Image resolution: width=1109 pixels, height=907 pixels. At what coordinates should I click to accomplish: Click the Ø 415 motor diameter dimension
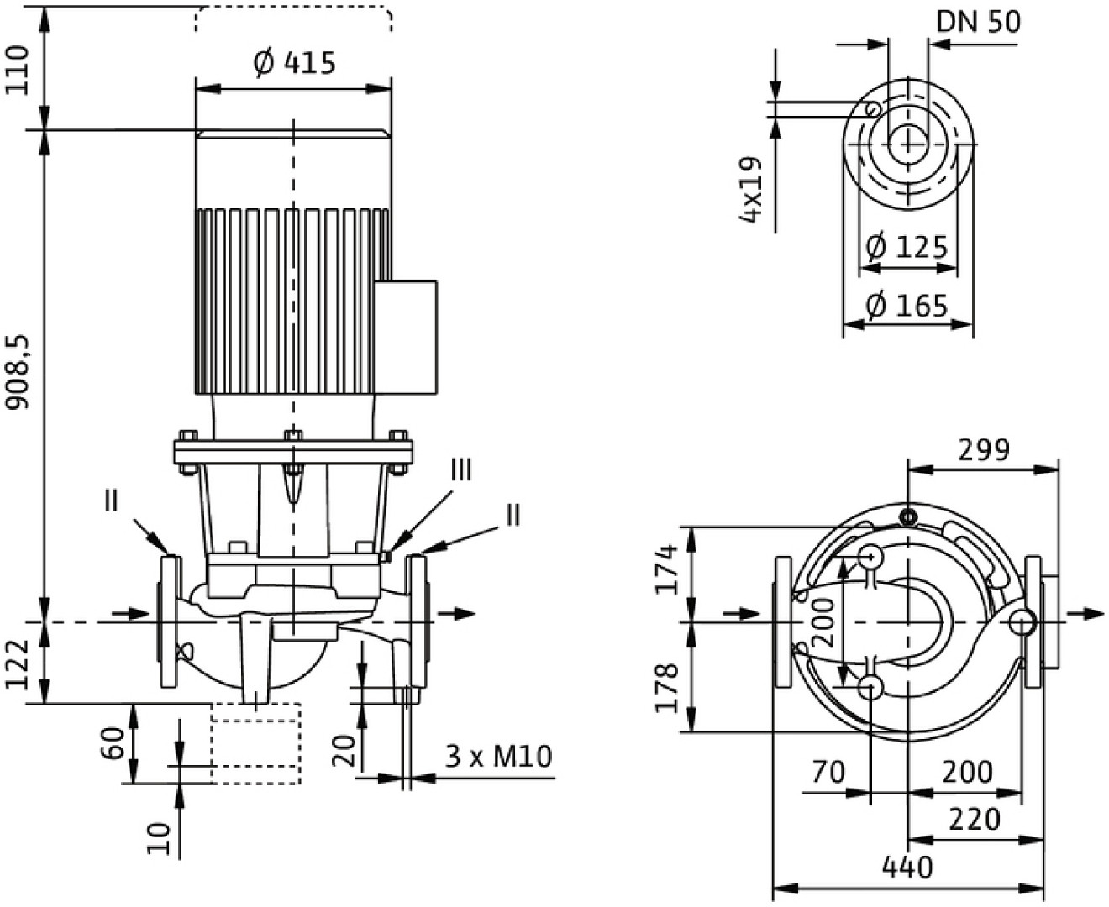pos(293,62)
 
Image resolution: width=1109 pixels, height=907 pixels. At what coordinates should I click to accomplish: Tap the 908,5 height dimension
pos(18,373)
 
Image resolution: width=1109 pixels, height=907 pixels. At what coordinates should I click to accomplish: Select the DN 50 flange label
pos(978,21)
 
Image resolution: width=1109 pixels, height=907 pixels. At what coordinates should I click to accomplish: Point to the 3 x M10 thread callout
pos(498,757)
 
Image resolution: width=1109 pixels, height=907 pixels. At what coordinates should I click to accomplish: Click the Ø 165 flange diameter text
pos(907,306)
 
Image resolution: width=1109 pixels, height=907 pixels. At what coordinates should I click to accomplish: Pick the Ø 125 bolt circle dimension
pos(907,248)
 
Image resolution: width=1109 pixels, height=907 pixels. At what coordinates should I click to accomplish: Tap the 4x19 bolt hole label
pos(750,190)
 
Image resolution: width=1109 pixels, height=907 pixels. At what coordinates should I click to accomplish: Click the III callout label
pos(461,470)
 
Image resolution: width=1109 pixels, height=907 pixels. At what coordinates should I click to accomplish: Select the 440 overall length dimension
pos(908,866)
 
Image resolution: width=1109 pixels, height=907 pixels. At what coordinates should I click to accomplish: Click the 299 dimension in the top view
pos(984,450)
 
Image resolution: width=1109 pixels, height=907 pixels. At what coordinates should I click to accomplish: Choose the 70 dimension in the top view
pos(828,771)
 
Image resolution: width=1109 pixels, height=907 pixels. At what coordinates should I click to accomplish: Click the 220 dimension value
pos(975,819)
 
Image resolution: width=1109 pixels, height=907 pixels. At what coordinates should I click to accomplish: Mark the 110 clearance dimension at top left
pos(18,70)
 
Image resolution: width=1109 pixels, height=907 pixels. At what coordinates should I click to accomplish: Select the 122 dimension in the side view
pos(18,663)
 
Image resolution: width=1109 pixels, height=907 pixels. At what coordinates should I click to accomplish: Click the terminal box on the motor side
pos(405,338)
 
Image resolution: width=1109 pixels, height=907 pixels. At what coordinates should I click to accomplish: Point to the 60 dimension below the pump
pos(117,743)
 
